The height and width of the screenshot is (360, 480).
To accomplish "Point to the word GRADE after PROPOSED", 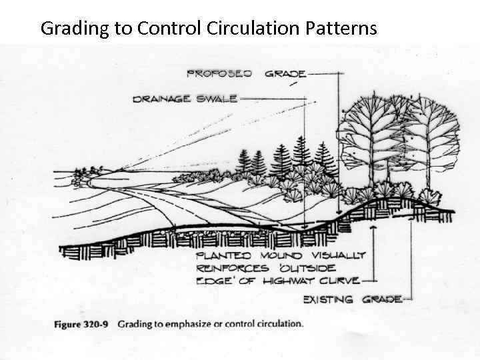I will coord(285,73).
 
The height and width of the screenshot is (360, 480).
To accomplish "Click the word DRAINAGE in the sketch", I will coord(162,99).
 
